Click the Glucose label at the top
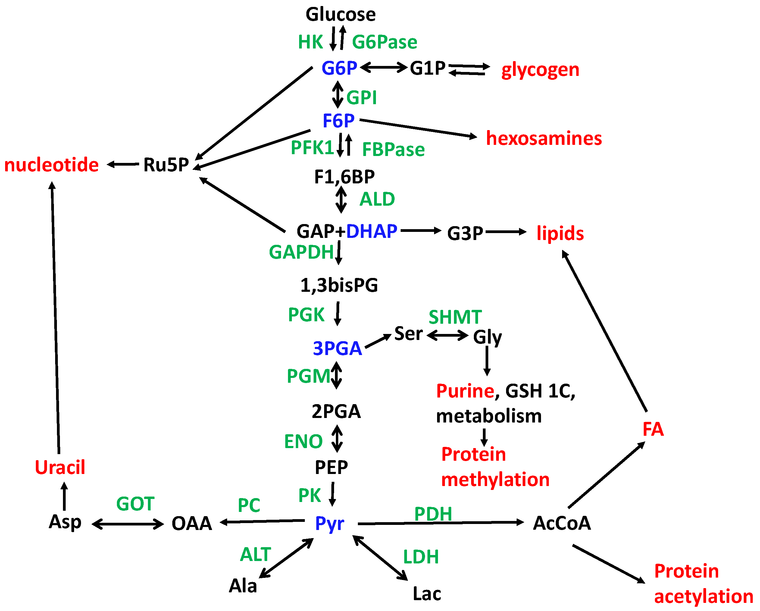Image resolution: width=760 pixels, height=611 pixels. [x=340, y=15]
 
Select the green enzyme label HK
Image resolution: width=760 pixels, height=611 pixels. [x=310, y=42]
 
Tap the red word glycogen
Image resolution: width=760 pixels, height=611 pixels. [x=540, y=70]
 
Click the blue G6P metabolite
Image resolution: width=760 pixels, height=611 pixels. [x=339, y=68]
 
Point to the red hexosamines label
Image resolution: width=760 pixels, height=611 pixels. [x=543, y=138]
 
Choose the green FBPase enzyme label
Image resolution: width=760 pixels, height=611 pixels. [x=393, y=150]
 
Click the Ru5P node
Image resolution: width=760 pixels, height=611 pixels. [x=166, y=165]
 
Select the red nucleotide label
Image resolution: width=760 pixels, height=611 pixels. [x=52, y=165]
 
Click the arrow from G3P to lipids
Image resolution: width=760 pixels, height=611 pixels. [x=505, y=232]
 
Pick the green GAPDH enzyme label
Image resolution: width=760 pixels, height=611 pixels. [x=301, y=252]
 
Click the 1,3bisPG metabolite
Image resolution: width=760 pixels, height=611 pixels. [x=339, y=285]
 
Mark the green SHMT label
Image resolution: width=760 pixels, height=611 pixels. [x=455, y=317]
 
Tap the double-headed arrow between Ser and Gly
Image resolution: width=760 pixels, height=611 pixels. [x=447, y=335]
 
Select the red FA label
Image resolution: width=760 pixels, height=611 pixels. [x=653, y=429]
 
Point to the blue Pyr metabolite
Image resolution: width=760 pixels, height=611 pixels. [x=329, y=523]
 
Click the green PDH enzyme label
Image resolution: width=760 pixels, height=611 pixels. [x=433, y=514]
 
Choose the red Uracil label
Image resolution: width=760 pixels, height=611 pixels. [x=60, y=468]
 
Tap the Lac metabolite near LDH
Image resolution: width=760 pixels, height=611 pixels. [x=427, y=594]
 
